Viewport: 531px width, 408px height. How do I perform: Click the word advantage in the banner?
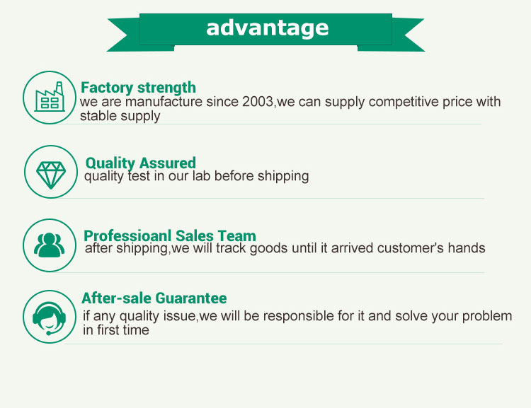coord(267,28)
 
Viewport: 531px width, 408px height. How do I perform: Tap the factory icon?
coord(50,97)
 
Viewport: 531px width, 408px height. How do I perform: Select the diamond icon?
coord(51,175)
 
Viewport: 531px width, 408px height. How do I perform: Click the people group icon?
coord(50,245)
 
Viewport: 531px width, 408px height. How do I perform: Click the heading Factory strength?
coord(138,88)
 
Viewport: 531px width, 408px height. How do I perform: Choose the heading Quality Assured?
coord(141,163)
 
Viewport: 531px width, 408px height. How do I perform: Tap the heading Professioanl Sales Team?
coord(170,235)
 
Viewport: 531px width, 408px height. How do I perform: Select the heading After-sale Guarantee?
coord(154,298)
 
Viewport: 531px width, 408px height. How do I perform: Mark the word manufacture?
coord(164,102)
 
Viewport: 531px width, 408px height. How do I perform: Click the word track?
coord(231,248)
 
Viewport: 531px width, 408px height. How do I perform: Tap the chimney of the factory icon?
coord(59,88)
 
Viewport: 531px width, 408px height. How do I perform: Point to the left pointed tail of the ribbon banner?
coord(117,35)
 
